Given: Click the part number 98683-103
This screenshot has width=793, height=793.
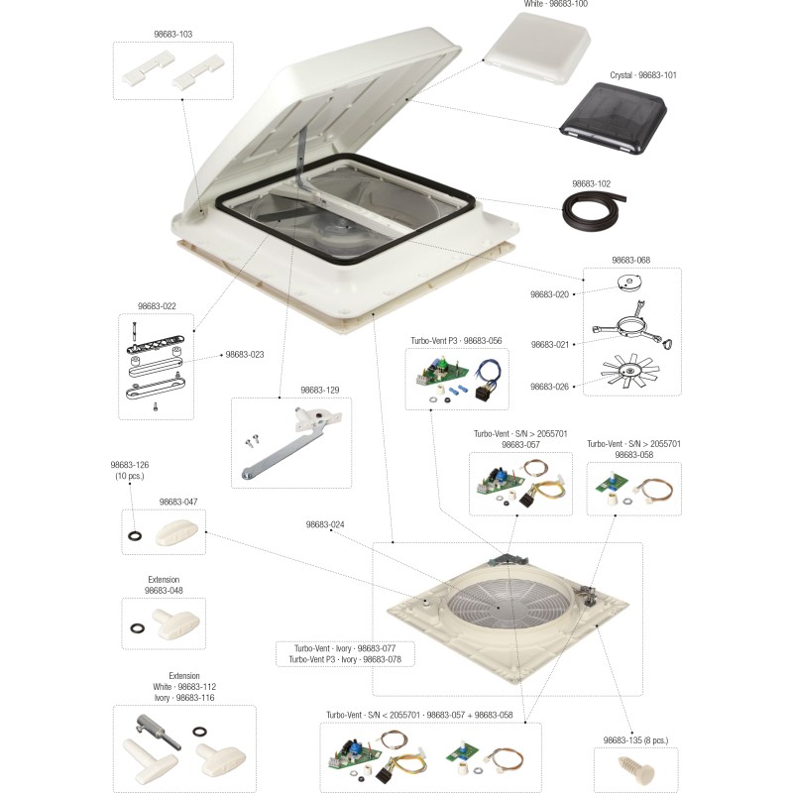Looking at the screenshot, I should [172, 35].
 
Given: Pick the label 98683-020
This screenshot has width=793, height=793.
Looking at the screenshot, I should [549, 294].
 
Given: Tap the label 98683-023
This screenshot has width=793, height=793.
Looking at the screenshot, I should [245, 354].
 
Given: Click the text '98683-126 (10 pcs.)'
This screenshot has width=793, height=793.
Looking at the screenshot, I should [129, 470].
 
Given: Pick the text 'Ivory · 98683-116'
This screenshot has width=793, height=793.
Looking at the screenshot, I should [183, 698].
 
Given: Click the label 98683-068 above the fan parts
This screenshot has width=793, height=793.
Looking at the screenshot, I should [630, 261].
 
